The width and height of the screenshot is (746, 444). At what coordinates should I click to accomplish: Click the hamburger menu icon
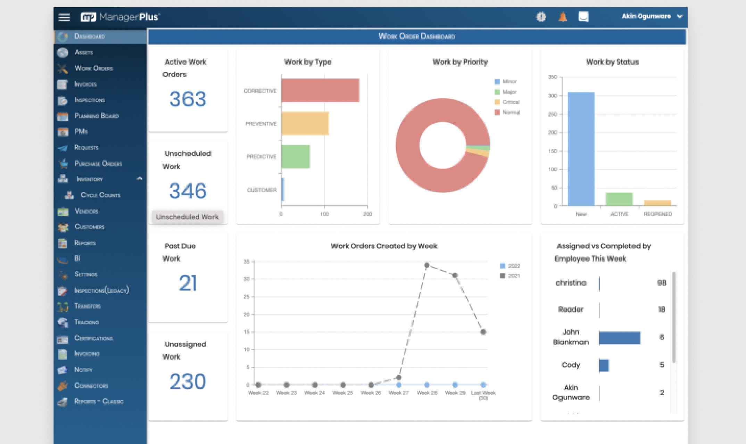click(64, 17)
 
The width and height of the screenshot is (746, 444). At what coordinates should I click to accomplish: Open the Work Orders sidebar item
click(93, 68)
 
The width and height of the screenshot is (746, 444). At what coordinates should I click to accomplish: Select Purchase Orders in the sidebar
click(98, 163)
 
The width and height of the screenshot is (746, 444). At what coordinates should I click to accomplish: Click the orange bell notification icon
click(563, 16)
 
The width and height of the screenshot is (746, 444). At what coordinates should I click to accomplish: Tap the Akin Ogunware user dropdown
click(652, 16)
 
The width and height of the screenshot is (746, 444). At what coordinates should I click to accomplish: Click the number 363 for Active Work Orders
click(188, 99)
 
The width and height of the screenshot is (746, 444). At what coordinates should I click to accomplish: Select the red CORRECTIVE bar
click(320, 90)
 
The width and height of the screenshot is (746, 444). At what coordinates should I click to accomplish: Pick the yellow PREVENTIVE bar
click(305, 123)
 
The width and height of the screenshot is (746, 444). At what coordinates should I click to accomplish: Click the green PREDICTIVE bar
click(295, 157)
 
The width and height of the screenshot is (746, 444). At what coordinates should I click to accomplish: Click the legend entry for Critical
click(507, 102)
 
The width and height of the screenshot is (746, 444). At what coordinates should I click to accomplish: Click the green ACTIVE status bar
click(619, 199)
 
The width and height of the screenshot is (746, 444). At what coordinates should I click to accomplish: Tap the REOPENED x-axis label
click(657, 214)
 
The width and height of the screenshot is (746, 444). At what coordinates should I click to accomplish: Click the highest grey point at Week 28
click(427, 265)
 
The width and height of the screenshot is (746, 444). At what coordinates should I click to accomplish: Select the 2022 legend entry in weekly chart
click(510, 266)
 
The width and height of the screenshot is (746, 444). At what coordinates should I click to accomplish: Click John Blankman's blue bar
click(619, 338)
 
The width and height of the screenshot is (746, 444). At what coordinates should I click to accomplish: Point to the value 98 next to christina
click(661, 283)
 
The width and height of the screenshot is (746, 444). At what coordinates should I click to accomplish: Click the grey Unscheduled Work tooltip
click(187, 217)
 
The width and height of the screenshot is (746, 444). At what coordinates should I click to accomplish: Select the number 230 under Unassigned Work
click(188, 381)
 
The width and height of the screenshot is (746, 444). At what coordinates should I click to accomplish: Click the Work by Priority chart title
click(460, 62)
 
